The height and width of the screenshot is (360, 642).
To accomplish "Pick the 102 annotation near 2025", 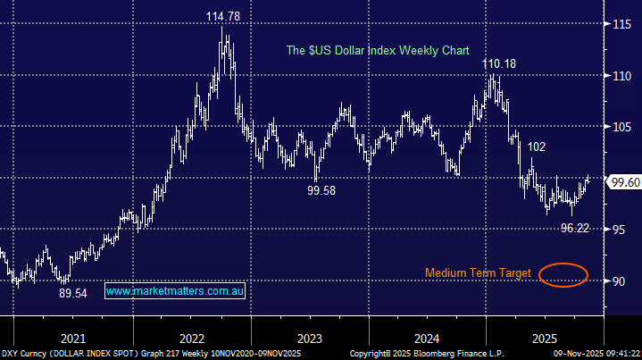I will [536, 147].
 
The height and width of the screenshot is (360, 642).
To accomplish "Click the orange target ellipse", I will [563, 273].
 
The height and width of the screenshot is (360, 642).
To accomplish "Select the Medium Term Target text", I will [478, 272].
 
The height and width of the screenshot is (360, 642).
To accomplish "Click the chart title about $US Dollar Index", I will [377, 51].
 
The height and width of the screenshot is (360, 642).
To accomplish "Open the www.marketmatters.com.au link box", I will [176, 291].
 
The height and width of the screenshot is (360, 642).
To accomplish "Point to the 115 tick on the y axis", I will [622, 24].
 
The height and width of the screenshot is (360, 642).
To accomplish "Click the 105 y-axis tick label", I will [622, 127].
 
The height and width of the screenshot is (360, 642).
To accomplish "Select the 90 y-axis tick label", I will [619, 281].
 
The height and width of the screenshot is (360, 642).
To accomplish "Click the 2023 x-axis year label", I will [309, 339].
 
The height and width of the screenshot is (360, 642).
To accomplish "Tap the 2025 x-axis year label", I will [545, 339].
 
